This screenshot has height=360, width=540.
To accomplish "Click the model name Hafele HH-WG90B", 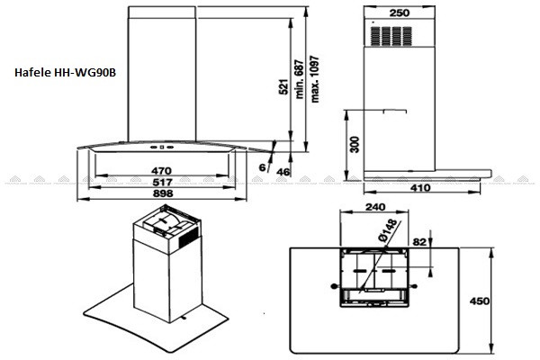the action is click(65, 73).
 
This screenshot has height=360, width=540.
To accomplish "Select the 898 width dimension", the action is click(163, 193).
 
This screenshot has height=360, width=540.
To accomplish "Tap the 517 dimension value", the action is click(162, 182).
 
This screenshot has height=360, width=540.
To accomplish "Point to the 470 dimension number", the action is click(161, 171).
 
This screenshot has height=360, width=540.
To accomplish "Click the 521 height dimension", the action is click(283, 86).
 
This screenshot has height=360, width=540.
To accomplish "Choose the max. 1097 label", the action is click(315, 79).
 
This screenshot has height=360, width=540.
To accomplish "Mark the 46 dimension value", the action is click(283, 172).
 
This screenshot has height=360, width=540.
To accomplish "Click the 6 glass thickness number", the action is click(263, 167).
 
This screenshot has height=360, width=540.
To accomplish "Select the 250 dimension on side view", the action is click(399, 13).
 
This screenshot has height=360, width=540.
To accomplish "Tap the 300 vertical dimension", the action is click(355, 145).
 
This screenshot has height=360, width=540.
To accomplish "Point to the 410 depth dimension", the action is click(420, 188).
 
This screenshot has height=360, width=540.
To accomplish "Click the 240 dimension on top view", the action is click(375, 207).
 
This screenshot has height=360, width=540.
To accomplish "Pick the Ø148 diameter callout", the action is click(387, 229).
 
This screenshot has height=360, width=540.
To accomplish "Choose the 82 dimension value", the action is click(419, 242).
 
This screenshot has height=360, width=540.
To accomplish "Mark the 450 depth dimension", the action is click(480, 301).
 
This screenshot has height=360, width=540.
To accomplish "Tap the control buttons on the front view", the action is click(161, 147).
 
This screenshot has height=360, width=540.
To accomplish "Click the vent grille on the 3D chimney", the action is click(189, 237).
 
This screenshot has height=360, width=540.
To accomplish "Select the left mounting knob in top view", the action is click(333, 286).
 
